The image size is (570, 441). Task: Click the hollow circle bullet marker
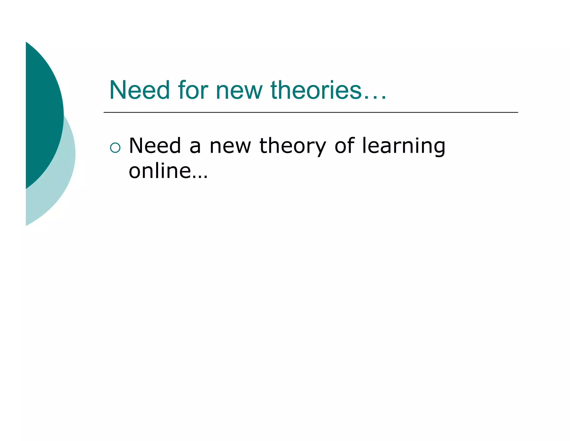coord(115,148)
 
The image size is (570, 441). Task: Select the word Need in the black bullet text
coord(155,146)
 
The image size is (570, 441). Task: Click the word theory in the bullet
coord(293,146)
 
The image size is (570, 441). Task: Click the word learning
coord(404,146)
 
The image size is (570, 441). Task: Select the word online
coord(160,171)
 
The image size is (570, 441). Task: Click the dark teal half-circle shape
coord(42,112)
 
